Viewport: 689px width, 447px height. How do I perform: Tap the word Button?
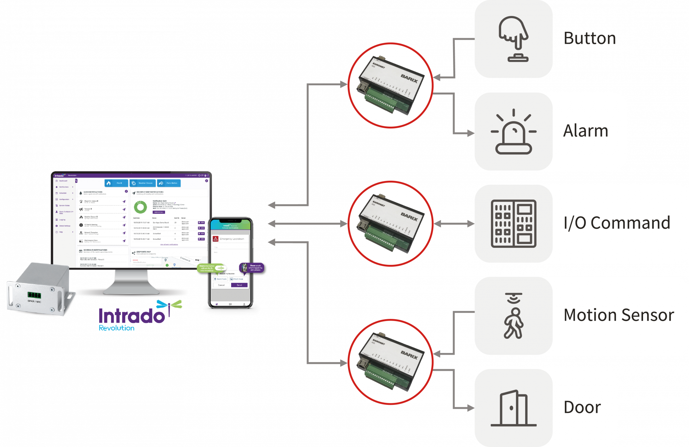click(589, 38)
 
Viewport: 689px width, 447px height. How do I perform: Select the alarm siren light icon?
click(514, 132)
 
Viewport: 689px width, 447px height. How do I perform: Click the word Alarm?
click(586, 131)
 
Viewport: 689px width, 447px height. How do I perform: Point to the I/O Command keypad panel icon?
click(514, 223)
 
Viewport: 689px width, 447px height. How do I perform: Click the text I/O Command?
click(617, 223)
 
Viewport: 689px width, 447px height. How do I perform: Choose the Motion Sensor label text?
click(619, 315)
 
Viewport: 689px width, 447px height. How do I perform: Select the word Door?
click(582, 407)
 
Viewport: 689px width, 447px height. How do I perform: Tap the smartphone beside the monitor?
click(230, 263)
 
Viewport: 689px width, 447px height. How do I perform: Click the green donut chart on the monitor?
click(141, 207)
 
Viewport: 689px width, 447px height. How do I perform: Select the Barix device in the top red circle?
click(390, 86)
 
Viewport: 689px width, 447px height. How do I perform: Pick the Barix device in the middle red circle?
click(390, 223)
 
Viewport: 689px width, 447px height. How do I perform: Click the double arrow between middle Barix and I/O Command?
click(454, 224)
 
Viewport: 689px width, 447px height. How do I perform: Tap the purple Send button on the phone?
click(239, 285)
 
